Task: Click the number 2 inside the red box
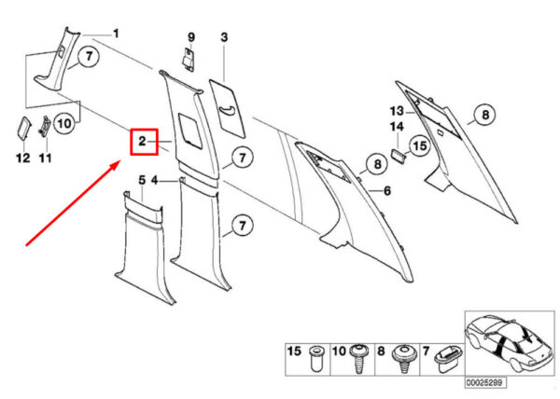pos(142,141)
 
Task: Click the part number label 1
pos(116,34)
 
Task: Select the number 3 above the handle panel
pos(224,37)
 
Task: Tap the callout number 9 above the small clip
pos(191,37)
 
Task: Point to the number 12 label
pos(23,158)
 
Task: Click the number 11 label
pos(46,158)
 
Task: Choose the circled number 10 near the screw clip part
pos(64,124)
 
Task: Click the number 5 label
pos(142,181)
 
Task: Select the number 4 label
pos(155,181)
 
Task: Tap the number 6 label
pos(387,191)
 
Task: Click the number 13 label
pos(397,111)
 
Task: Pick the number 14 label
pos(397,127)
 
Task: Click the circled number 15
pos(420,145)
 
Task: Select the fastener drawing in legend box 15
pos(316,358)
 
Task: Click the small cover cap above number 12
pos(24,127)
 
